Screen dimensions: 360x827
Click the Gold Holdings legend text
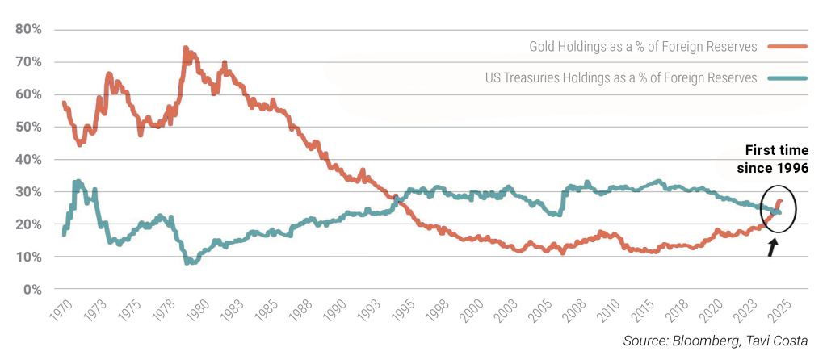point(643,47)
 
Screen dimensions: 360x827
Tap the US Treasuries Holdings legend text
point(621,78)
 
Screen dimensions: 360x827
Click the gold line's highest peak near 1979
point(185,49)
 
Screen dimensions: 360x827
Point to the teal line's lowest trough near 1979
point(188,262)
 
